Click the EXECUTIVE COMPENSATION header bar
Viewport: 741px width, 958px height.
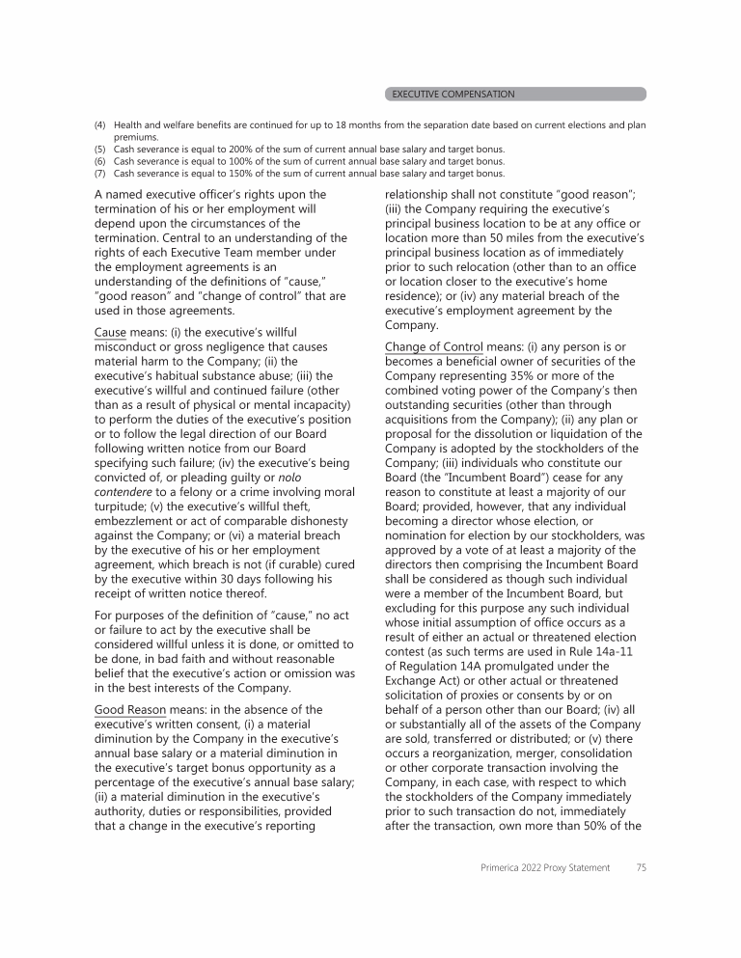click(515, 94)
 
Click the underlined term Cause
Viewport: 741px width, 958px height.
click(110, 332)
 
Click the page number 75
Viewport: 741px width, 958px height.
click(641, 867)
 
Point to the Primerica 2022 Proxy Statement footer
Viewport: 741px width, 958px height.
click(545, 867)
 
